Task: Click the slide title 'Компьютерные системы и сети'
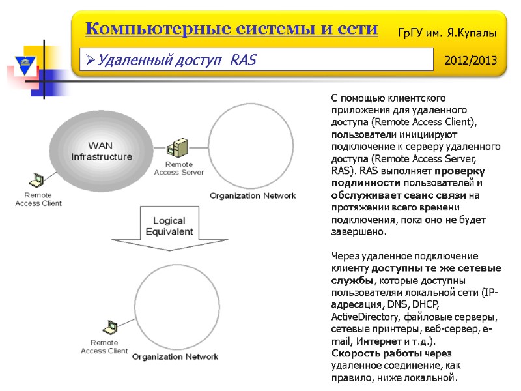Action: pos(231,29)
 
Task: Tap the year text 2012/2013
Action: pos(470,61)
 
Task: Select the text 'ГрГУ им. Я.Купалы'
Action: pos(447,32)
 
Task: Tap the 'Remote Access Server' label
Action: pos(178,168)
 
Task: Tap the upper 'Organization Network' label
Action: pos(252,195)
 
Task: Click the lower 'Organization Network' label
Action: pos(175,356)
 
